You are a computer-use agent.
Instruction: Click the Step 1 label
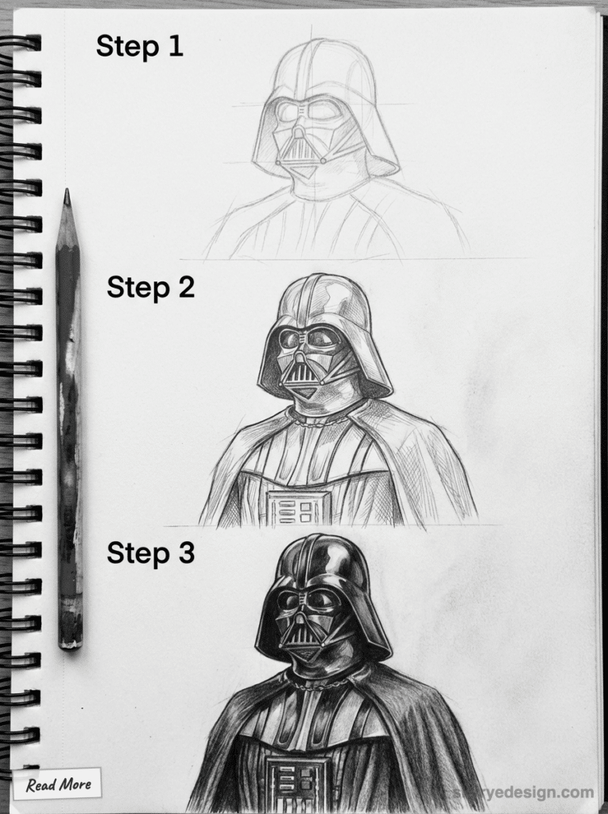pos(139,46)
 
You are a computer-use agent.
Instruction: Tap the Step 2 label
pos(150,287)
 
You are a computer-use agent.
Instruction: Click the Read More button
pos(57,785)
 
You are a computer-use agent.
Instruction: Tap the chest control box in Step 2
pos(298,507)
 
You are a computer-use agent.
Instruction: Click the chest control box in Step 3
pos(298,783)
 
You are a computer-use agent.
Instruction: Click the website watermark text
pos(525,793)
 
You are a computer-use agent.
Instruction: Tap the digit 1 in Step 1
pos(176,46)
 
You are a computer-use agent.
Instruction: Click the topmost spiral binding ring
pos(24,41)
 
